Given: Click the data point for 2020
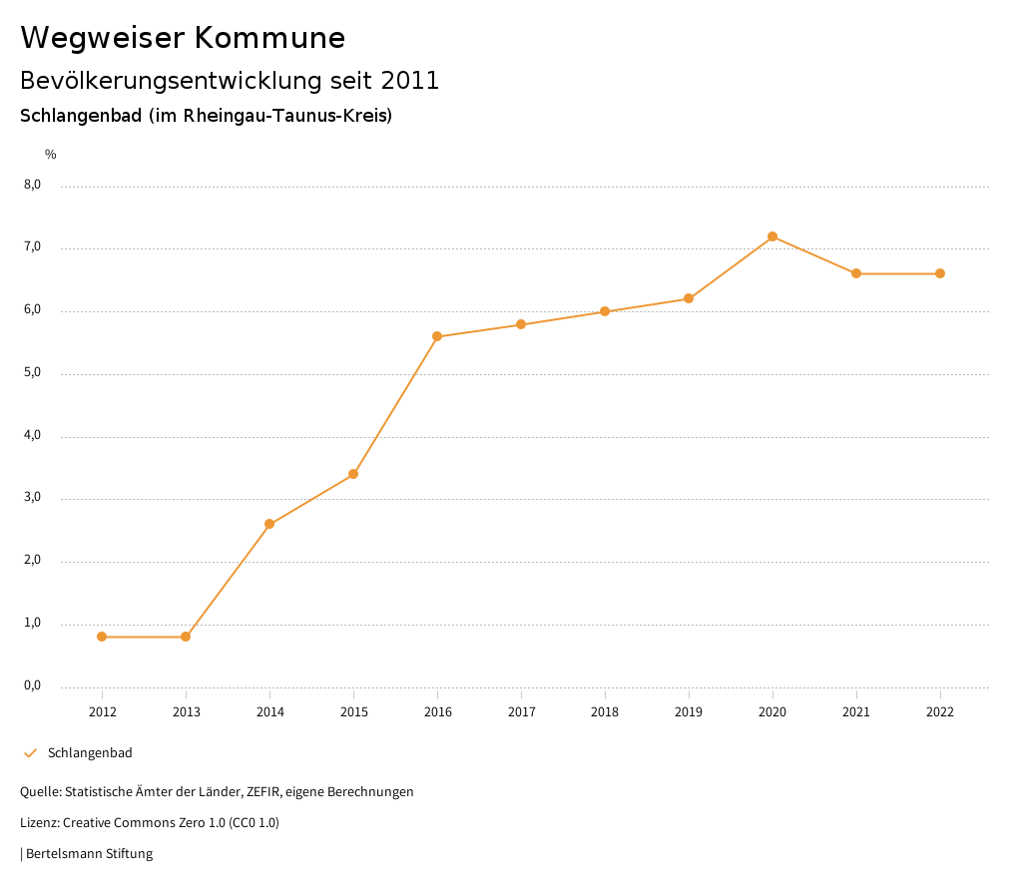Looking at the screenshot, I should [x=772, y=236].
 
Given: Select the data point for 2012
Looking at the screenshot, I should [x=102, y=637].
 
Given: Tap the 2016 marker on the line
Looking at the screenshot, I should [x=437, y=336].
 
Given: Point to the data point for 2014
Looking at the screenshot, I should [x=269, y=524].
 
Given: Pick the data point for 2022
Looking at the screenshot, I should [x=940, y=273].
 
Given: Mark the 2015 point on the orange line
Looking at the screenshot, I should [x=353, y=474].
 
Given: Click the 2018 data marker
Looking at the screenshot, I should [x=605, y=311].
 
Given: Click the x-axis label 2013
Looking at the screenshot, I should [x=186, y=712].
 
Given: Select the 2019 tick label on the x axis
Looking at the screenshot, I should [x=689, y=712].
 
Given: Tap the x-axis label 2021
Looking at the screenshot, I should [x=856, y=712].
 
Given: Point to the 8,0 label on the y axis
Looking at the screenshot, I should [x=32, y=185].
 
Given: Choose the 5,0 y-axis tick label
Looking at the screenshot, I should [x=32, y=372].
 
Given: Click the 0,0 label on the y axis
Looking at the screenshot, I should [x=32, y=685].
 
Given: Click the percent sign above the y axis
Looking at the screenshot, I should [x=51, y=155].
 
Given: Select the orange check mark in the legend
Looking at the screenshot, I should [x=30, y=753].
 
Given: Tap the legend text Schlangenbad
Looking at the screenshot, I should [x=90, y=753].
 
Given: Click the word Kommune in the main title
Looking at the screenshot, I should [x=269, y=38].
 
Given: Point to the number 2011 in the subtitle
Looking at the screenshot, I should [x=410, y=81].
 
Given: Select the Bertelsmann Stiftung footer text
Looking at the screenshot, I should [x=89, y=854].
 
